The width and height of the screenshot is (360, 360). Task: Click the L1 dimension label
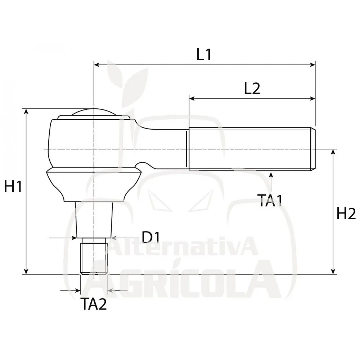pyautogui.click(x=204, y=55)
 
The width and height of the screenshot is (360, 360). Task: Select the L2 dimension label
pyautogui.click(x=252, y=89)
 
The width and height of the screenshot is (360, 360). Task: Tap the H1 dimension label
pyautogui.click(x=13, y=186)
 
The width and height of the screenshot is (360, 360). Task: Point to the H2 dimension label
pyautogui.click(x=346, y=213)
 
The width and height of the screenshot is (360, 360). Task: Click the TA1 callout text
pyautogui.click(x=270, y=201)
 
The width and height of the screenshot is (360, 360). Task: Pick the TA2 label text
pyautogui.click(x=94, y=304)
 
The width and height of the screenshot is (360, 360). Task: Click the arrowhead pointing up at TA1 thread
pyautogui.click(x=271, y=175)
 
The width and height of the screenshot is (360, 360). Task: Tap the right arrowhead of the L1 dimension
pyautogui.click(x=312, y=65)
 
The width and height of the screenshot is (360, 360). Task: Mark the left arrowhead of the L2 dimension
pyautogui.click(x=192, y=99)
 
